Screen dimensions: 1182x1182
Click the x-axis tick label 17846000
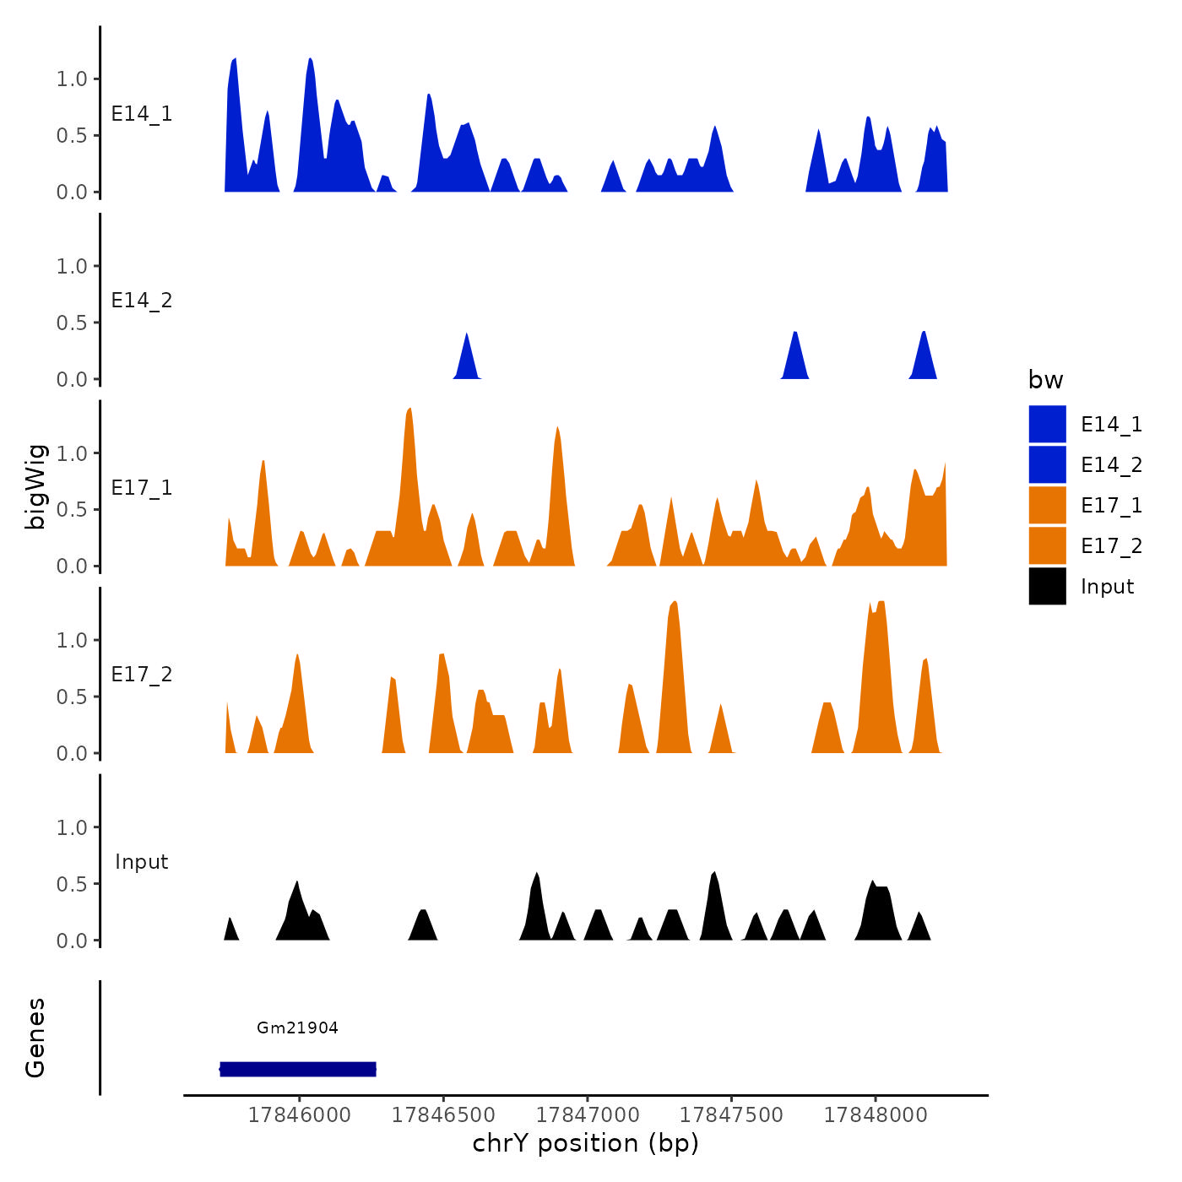pos(299,1114)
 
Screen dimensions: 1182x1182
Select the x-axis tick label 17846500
pos(443,1114)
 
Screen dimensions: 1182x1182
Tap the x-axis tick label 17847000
pos(588,1114)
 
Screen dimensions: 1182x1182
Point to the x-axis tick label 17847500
pos(731,1114)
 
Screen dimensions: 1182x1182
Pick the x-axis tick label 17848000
pos(876,1114)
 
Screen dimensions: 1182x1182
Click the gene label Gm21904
pos(297,1027)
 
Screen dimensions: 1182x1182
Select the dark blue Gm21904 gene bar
pos(298,1069)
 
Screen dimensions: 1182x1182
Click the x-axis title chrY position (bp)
pos(585,1143)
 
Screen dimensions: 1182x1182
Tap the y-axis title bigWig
pos(35,487)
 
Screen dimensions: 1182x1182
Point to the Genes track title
pos(35,1038)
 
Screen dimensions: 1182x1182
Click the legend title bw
pos(1045,380)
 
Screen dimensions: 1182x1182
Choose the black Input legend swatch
pos(1047,586)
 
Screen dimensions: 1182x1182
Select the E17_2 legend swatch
pos(1047,545)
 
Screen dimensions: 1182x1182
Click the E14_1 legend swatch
pos(1047,424)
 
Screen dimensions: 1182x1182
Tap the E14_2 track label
pos(142,301)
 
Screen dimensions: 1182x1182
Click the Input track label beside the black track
pos(142,862)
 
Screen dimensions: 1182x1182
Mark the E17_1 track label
pos(142,488)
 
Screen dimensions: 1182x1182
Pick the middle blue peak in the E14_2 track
pos(794,355)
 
